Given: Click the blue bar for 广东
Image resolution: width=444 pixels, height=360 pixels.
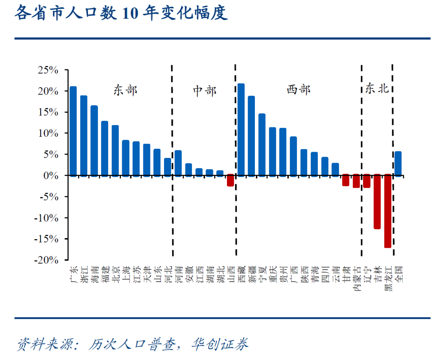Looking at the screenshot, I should [73, 131].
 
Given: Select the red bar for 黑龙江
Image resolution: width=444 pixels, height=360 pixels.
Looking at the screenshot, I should [388, 211].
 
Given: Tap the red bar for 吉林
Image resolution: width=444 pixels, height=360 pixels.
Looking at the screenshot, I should [377, 202].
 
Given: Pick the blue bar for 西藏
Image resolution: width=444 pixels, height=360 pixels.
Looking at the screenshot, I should [241, 130].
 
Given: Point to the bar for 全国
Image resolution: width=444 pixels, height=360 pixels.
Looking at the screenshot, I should [398, 164].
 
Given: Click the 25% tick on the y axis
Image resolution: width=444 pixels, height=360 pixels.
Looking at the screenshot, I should [49, 70].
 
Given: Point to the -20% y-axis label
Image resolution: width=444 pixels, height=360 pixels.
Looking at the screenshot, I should [47, 260].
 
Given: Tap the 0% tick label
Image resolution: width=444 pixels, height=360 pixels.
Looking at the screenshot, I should [52, 175].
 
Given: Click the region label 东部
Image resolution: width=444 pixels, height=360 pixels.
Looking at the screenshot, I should [125, 90].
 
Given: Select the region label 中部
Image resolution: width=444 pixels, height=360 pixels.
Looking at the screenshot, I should [204, 90].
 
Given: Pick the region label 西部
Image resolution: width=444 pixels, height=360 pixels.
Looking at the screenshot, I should [298, 90].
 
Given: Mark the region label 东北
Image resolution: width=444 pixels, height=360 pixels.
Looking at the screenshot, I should [377, 89].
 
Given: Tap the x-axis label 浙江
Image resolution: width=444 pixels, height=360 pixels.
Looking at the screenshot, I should [84, 274].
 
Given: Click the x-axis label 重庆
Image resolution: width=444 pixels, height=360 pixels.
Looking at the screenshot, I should [273, 274].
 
